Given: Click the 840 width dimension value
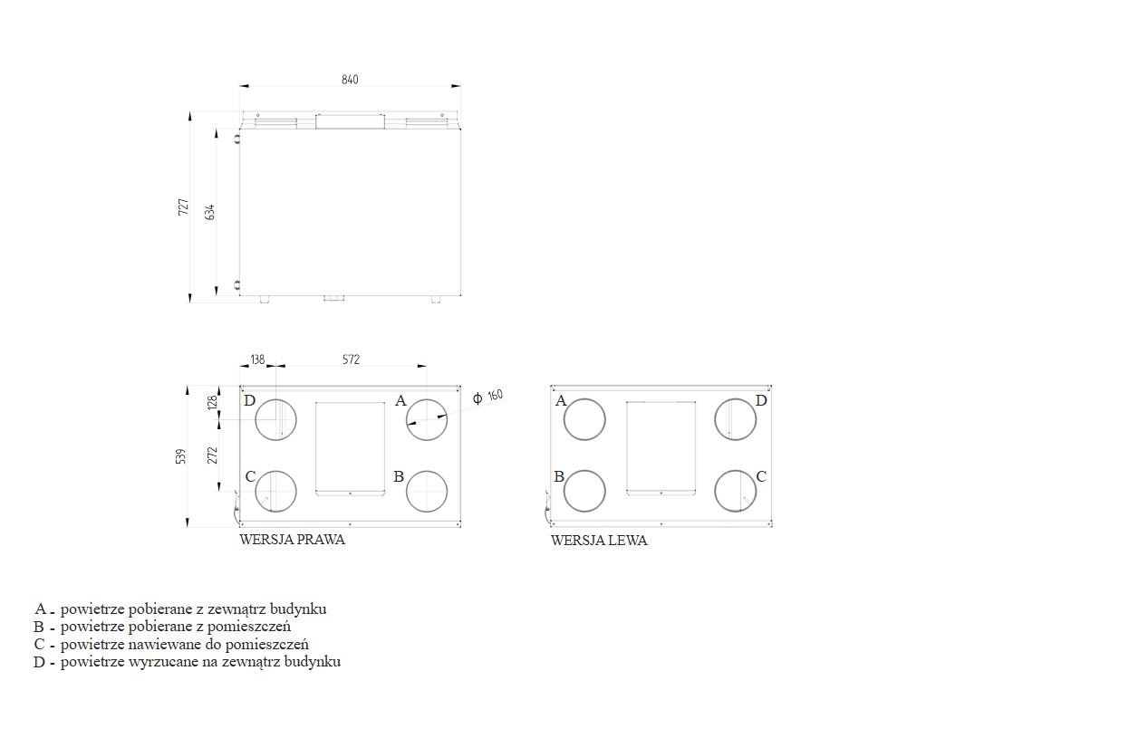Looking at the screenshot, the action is [350, 80].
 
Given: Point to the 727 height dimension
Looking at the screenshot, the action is [183, 207].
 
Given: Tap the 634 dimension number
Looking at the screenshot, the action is [209, 212].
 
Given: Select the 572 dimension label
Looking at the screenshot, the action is [352, 359].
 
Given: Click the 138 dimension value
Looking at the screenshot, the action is [257, 359].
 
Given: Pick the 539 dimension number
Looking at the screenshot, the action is [181, 456].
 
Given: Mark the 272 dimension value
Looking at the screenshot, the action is [212, 455].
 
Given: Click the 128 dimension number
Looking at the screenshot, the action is [212, 402].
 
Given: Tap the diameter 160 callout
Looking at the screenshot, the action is [487, 397].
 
